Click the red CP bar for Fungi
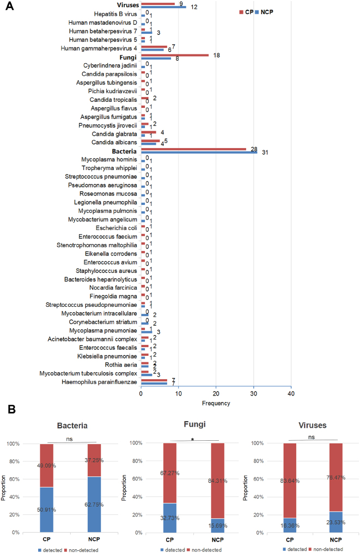[175, 55]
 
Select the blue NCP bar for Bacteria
[199, 153]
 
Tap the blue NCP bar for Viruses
[163, 7]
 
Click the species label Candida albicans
[114, 143]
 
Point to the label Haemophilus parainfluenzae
[100, 382]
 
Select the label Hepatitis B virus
[115, 14]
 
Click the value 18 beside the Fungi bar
[217, 56]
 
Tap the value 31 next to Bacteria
[265, 153]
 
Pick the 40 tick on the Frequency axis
[291, 393]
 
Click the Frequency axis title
[216, 403]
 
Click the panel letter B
[11, 409]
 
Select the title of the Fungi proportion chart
[194, 424]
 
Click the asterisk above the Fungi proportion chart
[192, 440]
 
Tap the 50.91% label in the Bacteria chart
[46, 509]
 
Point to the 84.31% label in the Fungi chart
[218, 481]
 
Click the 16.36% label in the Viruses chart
[290, 526]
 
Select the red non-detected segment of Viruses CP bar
[290, 481]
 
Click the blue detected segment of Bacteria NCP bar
[94, 505]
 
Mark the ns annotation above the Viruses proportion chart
[312, 437]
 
